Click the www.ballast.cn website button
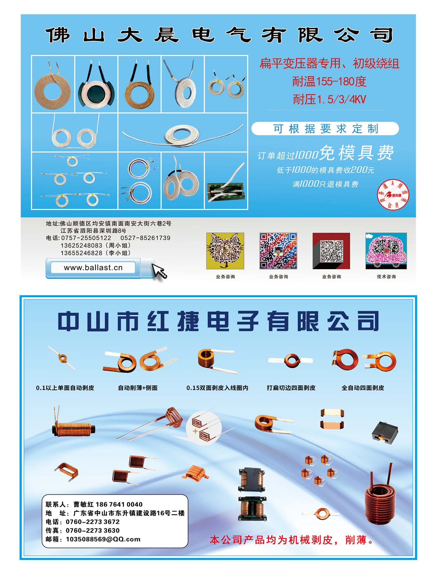point(93,268)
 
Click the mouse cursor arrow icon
point(159,271)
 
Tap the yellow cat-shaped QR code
point(225,251)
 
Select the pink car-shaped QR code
point(386,251)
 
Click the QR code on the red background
point(331,251)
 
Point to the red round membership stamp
point(393,194)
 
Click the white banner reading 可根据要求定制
point(325,129)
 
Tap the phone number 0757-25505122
point(86,238)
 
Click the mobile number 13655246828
point(81,253)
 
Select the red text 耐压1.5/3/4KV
point(329,100)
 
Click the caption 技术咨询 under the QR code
point(386,277)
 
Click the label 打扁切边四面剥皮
point(291,388)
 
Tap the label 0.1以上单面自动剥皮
point(65,388)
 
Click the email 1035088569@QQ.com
point(103,539)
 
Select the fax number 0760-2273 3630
point(93,530)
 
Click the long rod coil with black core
point(73,427)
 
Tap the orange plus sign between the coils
point(195,431)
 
